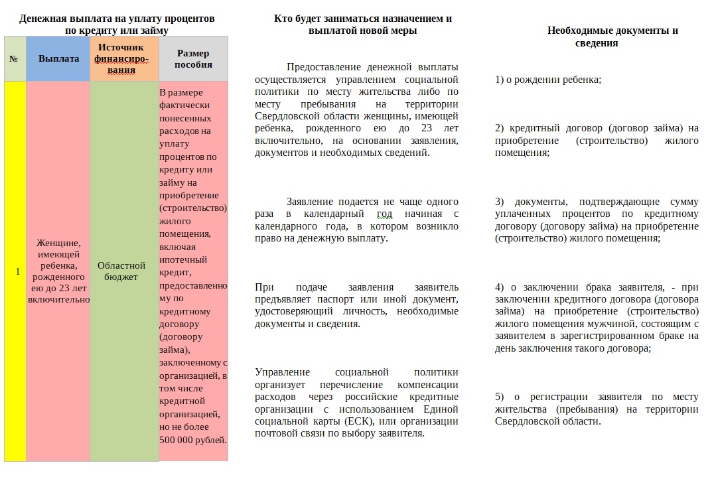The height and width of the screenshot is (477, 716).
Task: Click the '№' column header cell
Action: (x=14, y=58)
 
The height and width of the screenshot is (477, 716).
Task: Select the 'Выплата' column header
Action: (x=58, y=58)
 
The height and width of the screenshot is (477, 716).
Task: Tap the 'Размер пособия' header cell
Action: (x=193, y=58)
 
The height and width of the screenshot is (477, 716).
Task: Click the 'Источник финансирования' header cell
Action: (x=125, y=58)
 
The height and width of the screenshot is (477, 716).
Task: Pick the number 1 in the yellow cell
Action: (x=17, y=271)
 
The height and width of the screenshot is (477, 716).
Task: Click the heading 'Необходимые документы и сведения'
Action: (x=612, y=36)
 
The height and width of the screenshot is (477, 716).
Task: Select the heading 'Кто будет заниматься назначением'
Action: (x=362, y=19)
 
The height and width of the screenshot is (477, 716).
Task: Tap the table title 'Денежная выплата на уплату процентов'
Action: (x=117, y=19)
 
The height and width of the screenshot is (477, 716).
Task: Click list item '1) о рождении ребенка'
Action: (x=548, y=80)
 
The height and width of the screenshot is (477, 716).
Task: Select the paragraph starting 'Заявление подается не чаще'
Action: (x=356, y=220)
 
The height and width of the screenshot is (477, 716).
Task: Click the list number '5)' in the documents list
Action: (x=500, y=397)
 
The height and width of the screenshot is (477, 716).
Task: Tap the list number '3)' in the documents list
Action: (x=500, y=202)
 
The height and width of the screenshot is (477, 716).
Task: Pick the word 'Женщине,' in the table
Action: (x=58, y=243)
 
